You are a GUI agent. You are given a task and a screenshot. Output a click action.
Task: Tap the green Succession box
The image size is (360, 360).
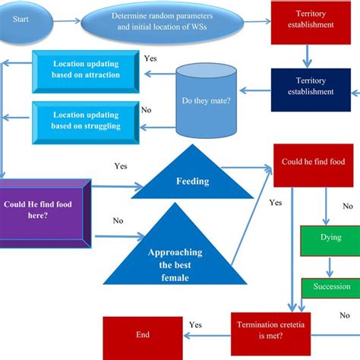point(330,287)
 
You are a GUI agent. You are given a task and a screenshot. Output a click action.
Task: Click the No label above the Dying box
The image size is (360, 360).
point(348,206)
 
